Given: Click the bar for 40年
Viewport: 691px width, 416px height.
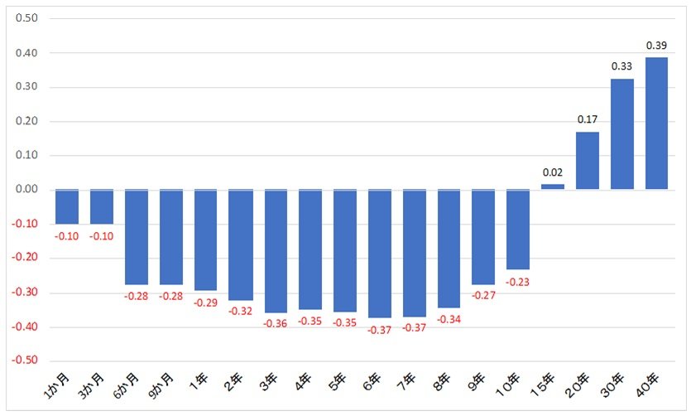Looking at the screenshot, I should (656, 123).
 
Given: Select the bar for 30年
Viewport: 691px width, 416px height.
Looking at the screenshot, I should (621, 134).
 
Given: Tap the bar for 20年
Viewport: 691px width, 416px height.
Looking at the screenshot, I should (587, 161).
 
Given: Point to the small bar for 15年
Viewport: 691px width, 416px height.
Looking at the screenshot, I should (552, 186).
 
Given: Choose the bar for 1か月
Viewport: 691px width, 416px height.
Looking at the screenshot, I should (66, 207).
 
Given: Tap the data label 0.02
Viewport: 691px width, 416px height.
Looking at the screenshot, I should (552, 172).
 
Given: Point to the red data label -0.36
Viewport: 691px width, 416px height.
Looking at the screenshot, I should (275, 323).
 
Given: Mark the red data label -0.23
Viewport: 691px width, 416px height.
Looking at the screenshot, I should (517, 282).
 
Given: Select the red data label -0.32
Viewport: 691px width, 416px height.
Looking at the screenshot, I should (240, 312).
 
